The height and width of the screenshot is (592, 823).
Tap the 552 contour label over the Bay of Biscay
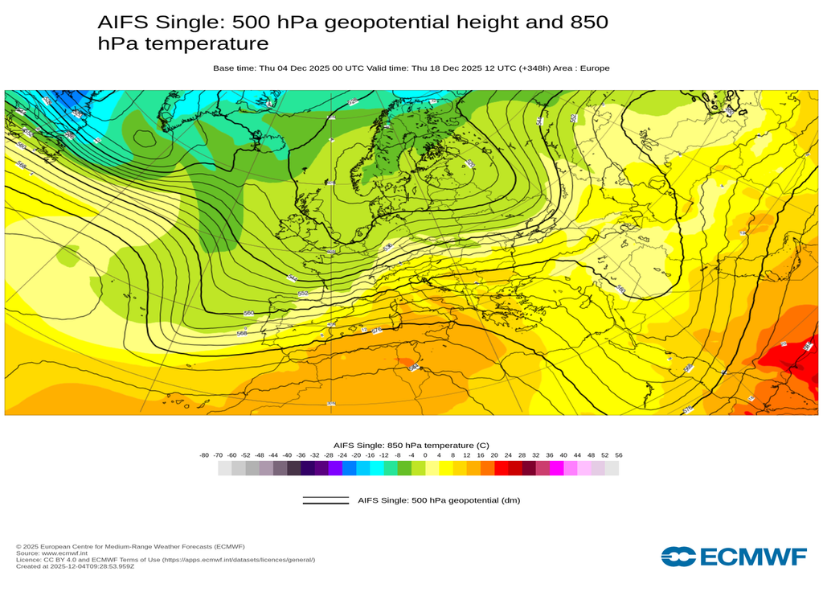(x=303, y=294)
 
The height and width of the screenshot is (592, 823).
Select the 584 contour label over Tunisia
(x=413, y=367)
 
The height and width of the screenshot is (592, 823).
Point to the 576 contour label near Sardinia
(x=376, y=330)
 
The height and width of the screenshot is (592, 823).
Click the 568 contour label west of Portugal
(x=242, y=332)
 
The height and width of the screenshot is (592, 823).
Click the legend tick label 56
(x=618, y=455)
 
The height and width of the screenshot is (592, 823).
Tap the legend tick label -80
(x=204, y=455)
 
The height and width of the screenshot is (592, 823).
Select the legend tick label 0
(x=425, y=455)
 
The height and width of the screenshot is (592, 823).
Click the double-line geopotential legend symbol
(x=326, y=500)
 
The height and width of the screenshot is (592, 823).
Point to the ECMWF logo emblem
(x=678, y=557)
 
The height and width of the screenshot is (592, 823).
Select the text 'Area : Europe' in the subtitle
(x=584, y=68)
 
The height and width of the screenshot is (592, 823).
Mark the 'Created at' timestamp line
(x=75, y=566)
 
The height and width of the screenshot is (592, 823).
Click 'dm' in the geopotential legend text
(x=509, y=500)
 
